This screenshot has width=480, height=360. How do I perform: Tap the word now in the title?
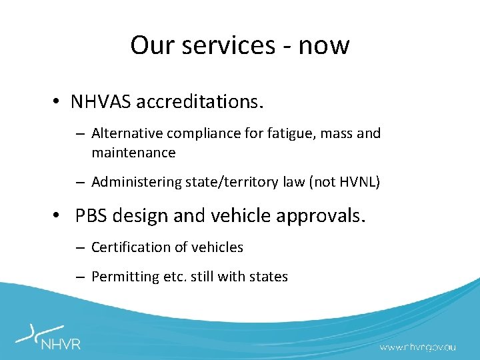323,45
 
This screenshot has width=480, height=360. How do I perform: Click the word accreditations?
201,103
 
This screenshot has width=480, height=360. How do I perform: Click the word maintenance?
133,153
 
